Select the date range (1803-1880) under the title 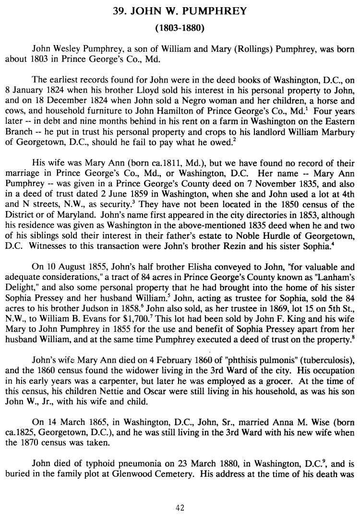click(x=181, y=28)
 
